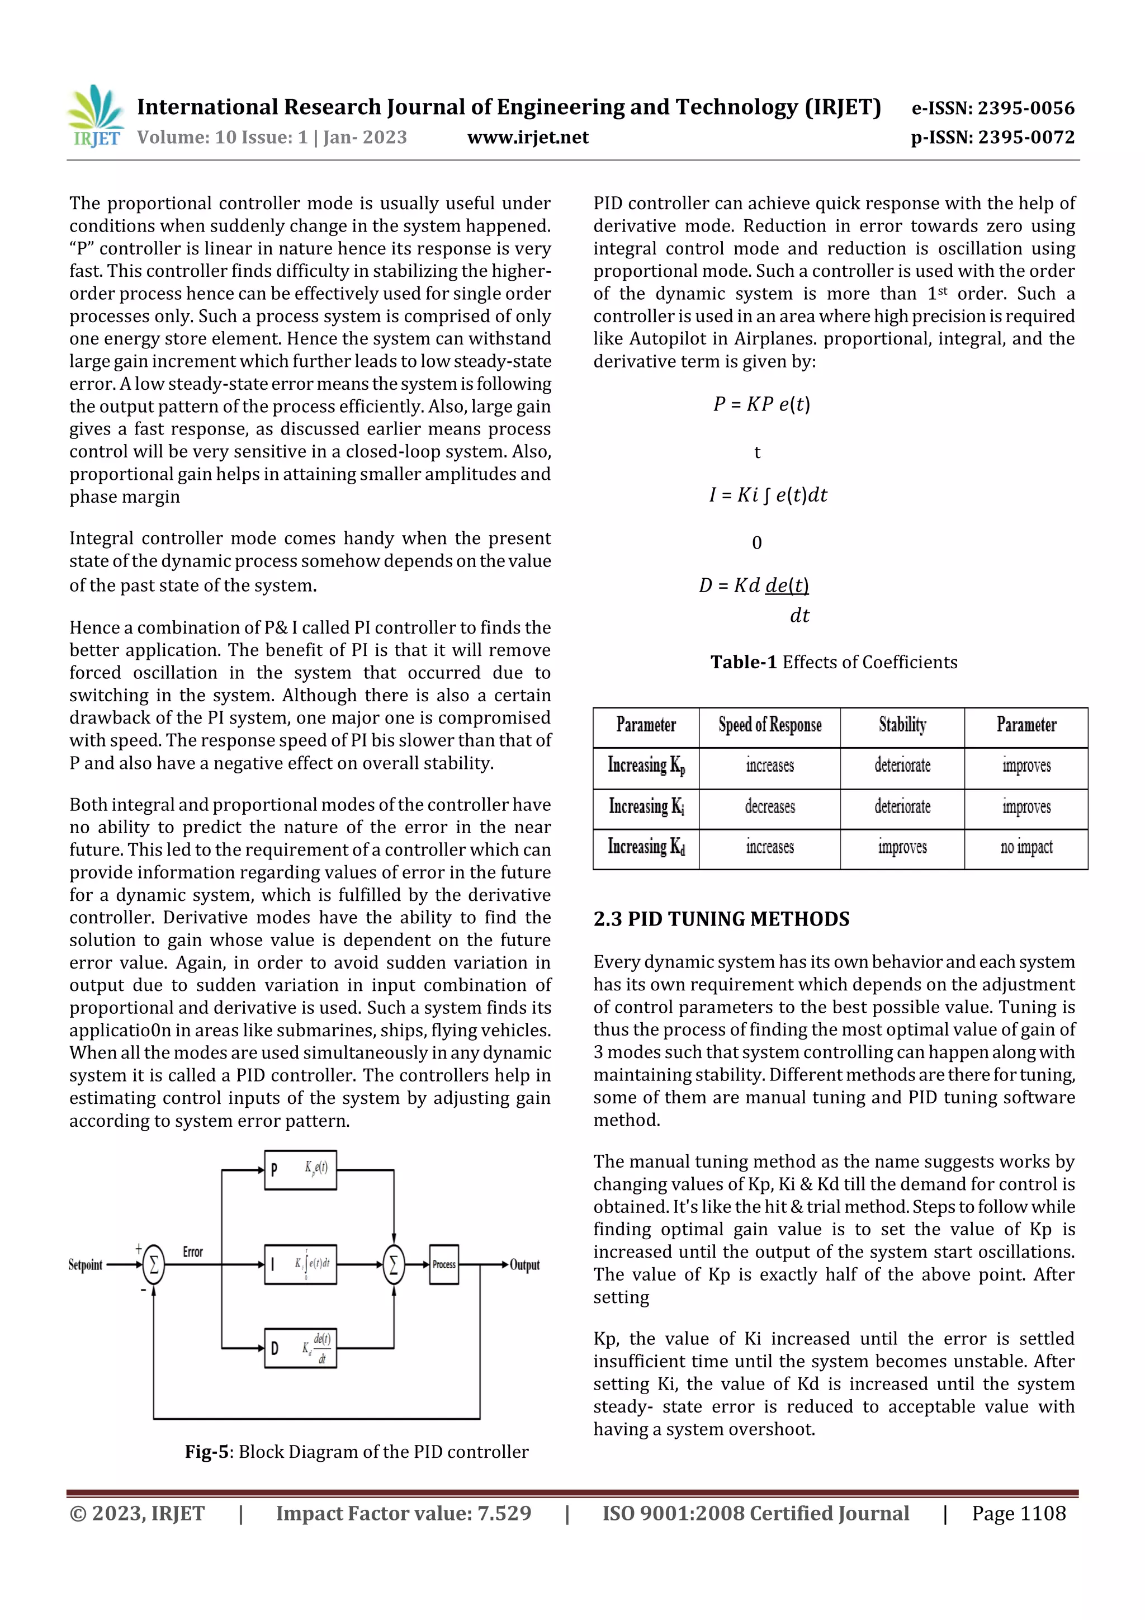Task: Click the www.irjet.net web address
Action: point(528,138)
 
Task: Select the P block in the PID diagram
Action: point(301,1169)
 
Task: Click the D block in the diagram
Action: point(301,1348)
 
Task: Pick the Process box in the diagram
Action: point(444,1264)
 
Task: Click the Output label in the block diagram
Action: point(525,1265)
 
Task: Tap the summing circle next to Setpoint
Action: point(154,1264)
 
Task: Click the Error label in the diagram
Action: point(192,1251)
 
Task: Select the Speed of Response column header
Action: point(770,725)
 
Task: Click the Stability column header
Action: point(902,725)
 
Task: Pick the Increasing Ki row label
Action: point(646,806)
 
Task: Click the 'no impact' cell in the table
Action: point(1026,847)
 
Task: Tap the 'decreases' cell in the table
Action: point(770,806)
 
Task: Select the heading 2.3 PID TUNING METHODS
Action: point(721,919)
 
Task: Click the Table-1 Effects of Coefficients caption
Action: point(834,662)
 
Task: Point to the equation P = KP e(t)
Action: point(762,404)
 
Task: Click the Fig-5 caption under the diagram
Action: point(356,1451)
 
